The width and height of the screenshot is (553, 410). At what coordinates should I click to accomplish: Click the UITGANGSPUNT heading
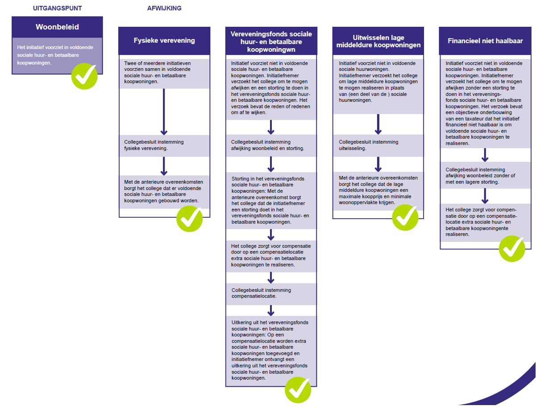click(x=57, y=8)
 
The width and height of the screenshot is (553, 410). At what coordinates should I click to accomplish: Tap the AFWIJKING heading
click(x=164, y=8)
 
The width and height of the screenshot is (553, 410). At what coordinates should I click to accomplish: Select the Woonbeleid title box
click(x=57, y=27)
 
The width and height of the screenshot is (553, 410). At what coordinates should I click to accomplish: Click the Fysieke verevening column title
click(x=164, y=41)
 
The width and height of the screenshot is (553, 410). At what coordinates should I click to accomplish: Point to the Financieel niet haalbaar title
click(x=485, y=41)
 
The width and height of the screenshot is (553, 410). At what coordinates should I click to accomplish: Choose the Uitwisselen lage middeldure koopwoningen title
click(x=378, y=41)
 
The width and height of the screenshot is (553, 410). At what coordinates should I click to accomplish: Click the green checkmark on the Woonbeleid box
click(x=84, y=76)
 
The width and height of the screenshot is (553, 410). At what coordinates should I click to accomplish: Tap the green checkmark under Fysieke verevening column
click(x=190, y=219)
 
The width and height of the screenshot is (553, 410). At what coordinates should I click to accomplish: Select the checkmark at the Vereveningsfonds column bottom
click(x=298, y=390)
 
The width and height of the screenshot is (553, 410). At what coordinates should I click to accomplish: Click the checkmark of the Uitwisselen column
click(x=405, y=217)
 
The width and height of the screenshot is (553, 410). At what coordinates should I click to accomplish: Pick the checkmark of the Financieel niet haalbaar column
click(x=512, y=248)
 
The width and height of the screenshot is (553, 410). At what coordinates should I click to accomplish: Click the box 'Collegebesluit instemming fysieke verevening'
click(x=164, y=145)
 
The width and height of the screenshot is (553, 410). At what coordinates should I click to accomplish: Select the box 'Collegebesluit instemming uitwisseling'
click(x=378, y=145)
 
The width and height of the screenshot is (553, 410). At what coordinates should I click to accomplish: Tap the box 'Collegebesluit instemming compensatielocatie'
click(x=271, y=294)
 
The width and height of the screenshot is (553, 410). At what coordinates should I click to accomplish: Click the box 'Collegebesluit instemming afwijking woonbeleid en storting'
click(x=271, y=145)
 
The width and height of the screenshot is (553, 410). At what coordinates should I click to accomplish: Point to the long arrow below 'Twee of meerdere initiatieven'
click(x=164, y=112)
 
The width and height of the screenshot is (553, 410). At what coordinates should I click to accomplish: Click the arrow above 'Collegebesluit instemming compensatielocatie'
click(x=271, y=277)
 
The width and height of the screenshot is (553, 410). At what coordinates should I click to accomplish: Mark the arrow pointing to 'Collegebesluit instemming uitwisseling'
click(x=378, y=124)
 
